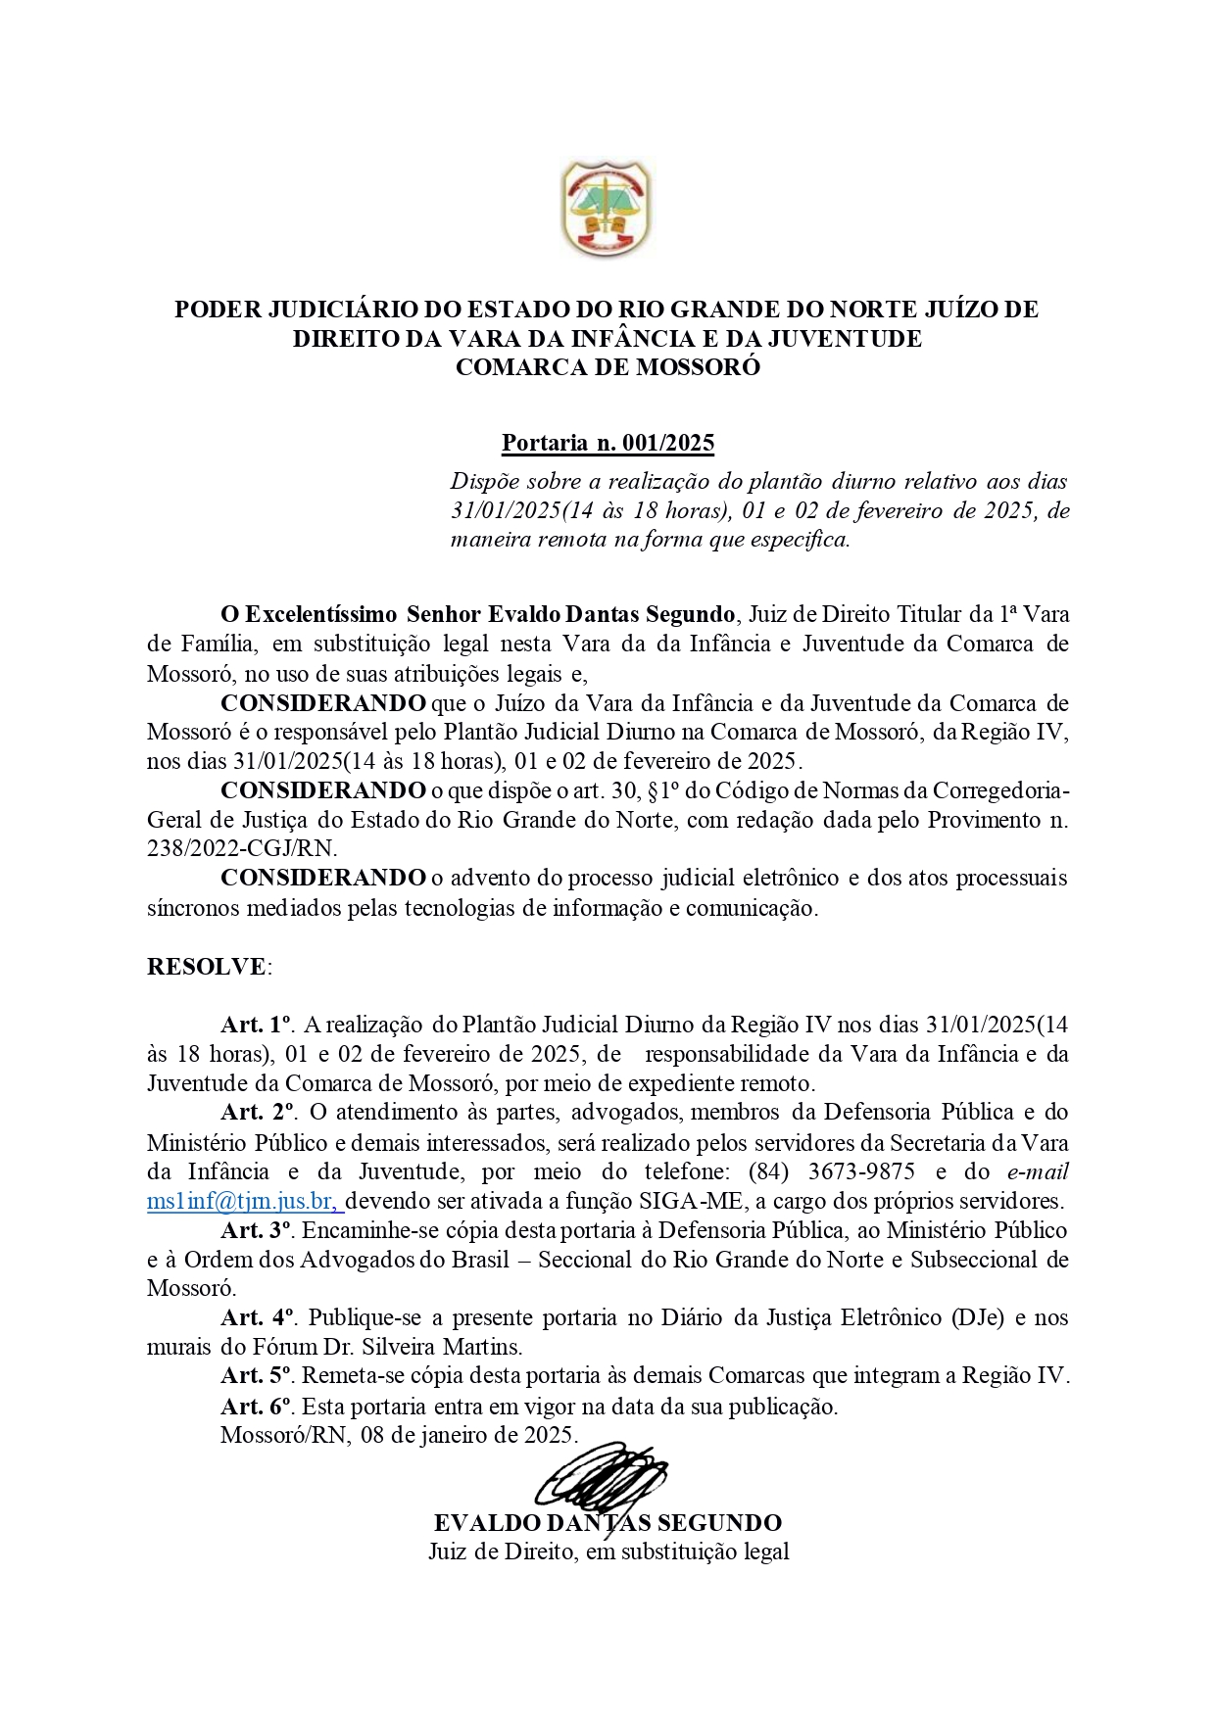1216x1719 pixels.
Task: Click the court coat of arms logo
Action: pyautogui.click(x=606, y=210)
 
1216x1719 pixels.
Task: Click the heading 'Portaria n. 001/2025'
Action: pyautogui.click(x=608, y=443)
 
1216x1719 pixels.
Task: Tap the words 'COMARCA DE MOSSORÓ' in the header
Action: pyautogui.click(x=608, y=367)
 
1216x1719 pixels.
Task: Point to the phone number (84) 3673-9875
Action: pyautogui.click(x=832, y=1171)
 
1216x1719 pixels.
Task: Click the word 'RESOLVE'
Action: pyautogui.click(x=206, y=967)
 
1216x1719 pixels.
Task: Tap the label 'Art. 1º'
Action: pyautogui.click(x=257, y=1025)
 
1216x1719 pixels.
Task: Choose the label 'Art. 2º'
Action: pyautogui.click(x=258, y=1113)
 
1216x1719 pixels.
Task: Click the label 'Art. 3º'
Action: pyautogui.click(x=258, y=1230)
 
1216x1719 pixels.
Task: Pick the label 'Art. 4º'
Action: pyautogui.click(x=258, y=1317)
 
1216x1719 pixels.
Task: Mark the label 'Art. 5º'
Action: pyautogui.click(x=257, y=1376)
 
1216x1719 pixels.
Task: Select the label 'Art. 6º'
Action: pyautogui.click(x=257, y=1407)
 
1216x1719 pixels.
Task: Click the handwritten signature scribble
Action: pyautogui.click(x=600, y=1476)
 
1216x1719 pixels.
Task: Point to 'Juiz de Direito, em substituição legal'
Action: pyautogui.click(x=608, y=1552)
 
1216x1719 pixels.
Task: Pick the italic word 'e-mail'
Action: pyautogui.click(x=1037, y=1171)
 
